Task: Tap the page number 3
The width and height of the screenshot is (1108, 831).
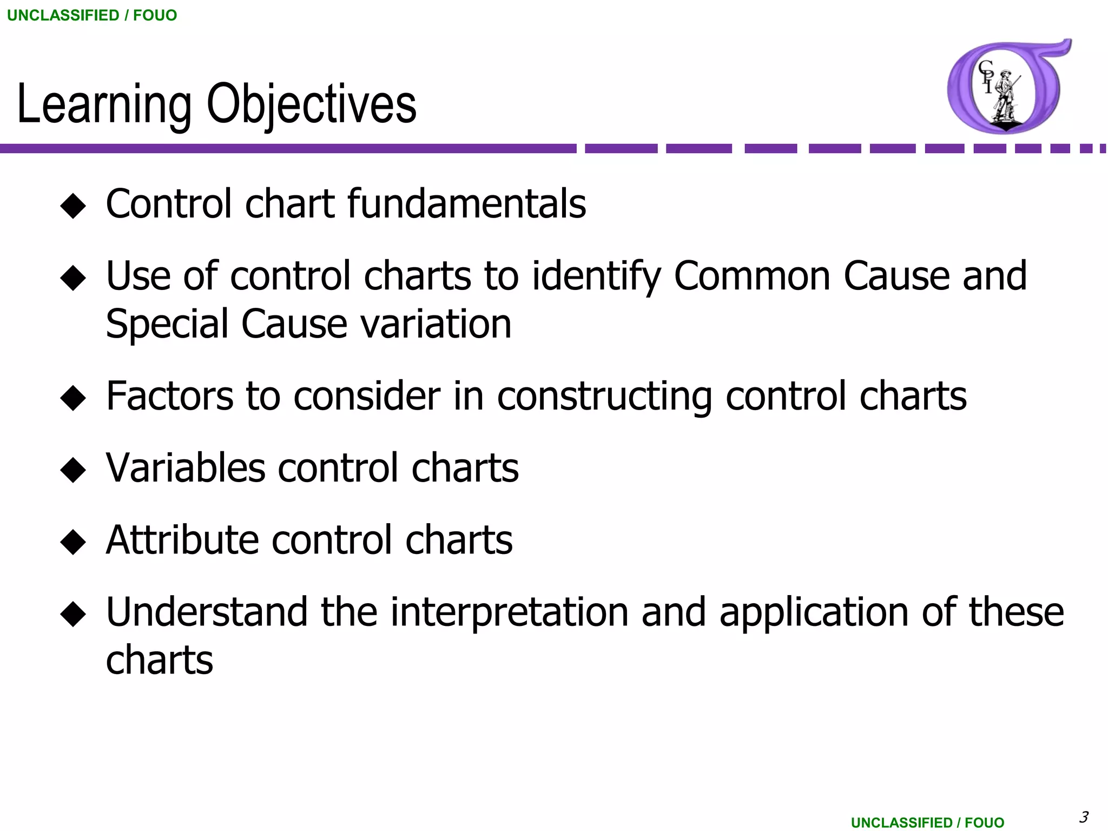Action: (x=1084, y=816)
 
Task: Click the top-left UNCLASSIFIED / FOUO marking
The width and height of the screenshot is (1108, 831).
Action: (x=92, y=15)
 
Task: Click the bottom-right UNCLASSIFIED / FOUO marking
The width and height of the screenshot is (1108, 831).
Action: (x=927, y=822)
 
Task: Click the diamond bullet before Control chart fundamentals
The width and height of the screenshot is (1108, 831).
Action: (x=73, y=206)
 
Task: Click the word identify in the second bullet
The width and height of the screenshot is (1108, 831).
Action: (x=596, y=276)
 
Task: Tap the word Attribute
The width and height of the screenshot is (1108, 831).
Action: (x=182, y=540)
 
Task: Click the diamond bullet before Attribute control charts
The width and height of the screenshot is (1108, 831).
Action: (x=73, y=542)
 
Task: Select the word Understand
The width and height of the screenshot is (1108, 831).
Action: (x=207, y=612)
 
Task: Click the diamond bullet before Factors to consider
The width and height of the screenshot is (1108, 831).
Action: (x=73, y=398)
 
